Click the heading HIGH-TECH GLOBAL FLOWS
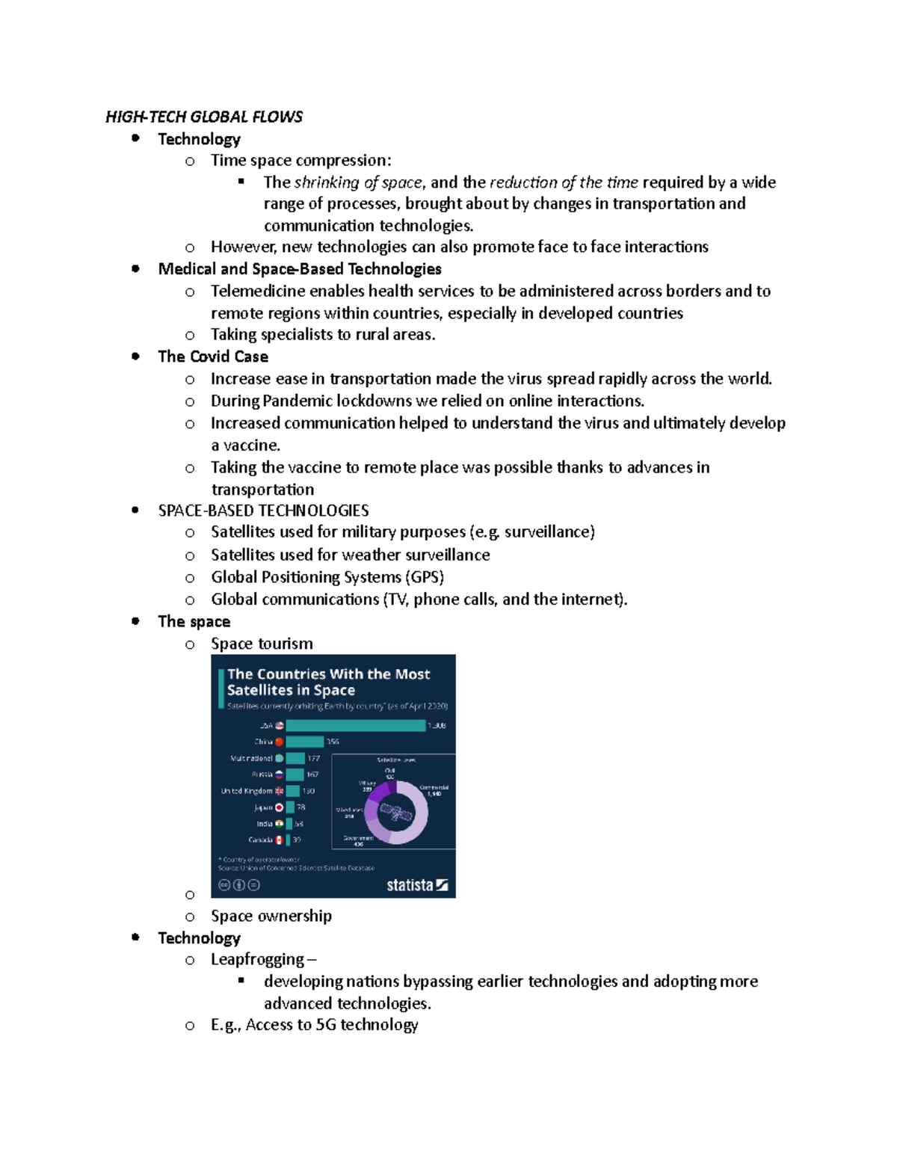[x=203, y=117]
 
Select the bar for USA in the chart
[x=355, y=725]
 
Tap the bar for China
[x=304, y=742]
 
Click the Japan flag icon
[x=279, y=807]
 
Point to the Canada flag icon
[x=279, y=840]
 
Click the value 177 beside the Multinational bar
[x=313, y=758]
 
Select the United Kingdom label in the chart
[x=247, y=791]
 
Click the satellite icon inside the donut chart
[x=397, y=813]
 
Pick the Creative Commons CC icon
[x=224, y=885]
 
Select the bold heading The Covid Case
[x=213, y=357]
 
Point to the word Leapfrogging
[x=257, y=959]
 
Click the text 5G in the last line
[x=325, y=1025]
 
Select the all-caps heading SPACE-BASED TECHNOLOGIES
[x=263, y=511]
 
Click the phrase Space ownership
[x=271, y=916]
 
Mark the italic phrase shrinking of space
[x=358, y=182]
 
